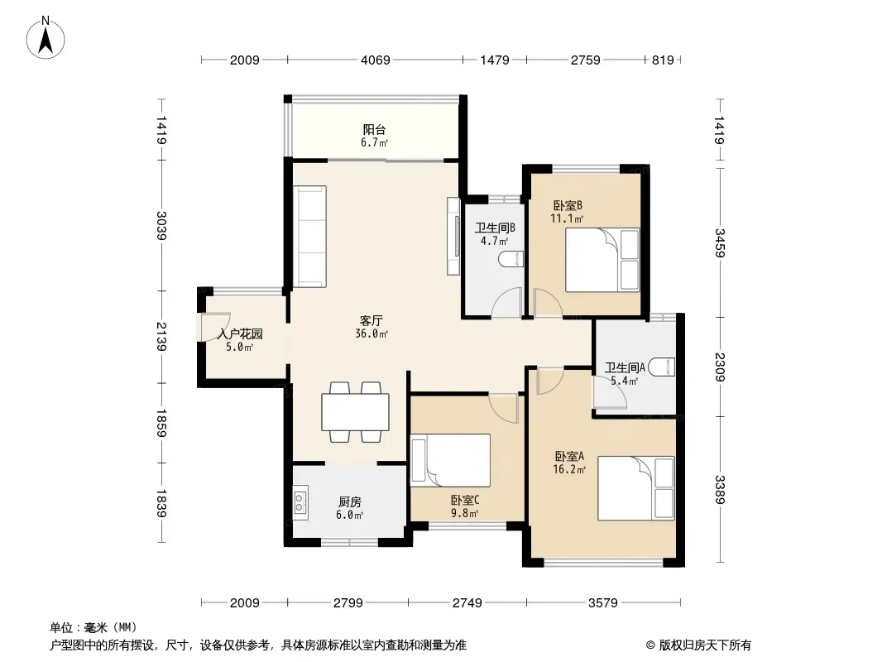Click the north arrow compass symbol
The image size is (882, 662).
[46, 37]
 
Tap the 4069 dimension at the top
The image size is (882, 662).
[375, 60]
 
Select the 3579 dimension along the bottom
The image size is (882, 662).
[603, 603]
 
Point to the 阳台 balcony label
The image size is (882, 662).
[374, 130]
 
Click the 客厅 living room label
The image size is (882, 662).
[371, 320]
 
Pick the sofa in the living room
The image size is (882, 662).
[310, 236]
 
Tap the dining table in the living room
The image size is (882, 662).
[356, 412]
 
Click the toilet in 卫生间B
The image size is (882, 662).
[511, 259]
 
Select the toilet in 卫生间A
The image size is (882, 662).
[662, 367]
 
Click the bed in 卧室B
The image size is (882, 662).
[602, 260]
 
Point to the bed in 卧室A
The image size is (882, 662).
[635, 488]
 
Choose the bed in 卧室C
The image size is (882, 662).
[451, 460]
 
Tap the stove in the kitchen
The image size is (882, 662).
[300, 502]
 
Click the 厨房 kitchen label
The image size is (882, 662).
[350, 502]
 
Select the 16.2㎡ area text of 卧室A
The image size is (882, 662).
[569, 469]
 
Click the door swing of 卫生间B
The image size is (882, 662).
[507, 303]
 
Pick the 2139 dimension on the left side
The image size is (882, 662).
[161, 336]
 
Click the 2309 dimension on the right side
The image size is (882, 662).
[720, 367]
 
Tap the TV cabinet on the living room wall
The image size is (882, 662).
[453, 236]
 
